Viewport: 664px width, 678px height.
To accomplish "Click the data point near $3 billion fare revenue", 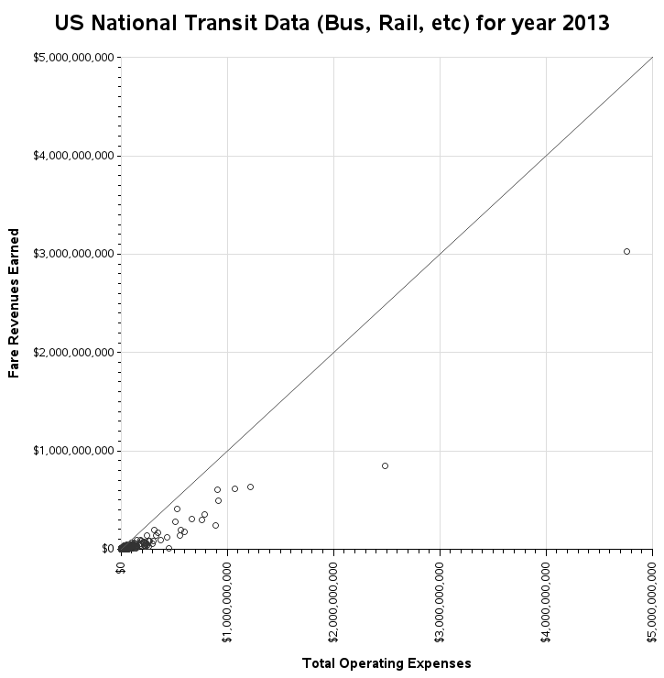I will (626, 251).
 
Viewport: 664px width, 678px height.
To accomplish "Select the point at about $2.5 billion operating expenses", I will (385, 465).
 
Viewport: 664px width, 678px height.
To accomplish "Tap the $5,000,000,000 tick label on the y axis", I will (73, 58).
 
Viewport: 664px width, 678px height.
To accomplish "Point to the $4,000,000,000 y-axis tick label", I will (73, 156).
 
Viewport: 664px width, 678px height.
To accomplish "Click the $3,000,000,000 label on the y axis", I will (73, 254).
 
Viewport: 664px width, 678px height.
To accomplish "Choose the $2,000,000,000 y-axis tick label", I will (73, 352).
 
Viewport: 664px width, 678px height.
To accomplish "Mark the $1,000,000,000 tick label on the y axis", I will (73, 450).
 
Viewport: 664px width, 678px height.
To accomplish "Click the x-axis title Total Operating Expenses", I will (386, 662).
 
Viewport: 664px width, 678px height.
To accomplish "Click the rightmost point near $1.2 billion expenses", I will (250, 487).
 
